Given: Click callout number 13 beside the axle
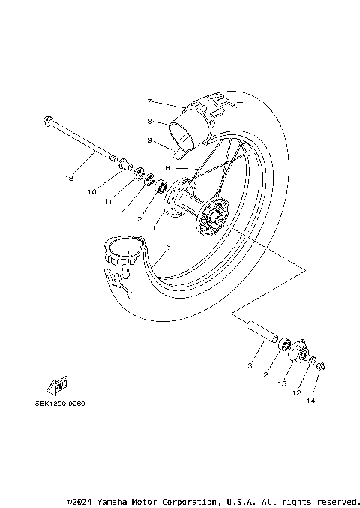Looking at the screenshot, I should click(x=69, y=179).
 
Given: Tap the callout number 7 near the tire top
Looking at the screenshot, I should click(x=150, y=101).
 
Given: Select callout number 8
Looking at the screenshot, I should click(x=150, y=120).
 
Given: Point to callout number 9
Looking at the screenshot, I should click(x=150, y=140).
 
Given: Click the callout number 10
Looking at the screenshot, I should click(x=92, y=192).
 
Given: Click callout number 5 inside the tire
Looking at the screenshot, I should click(x=168, y=247).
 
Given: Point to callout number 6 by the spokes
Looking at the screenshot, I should click(x=169, y=170).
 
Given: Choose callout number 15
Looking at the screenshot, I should click(x=283, y=383).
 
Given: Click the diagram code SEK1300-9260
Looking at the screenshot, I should click(x=60, y=403).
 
